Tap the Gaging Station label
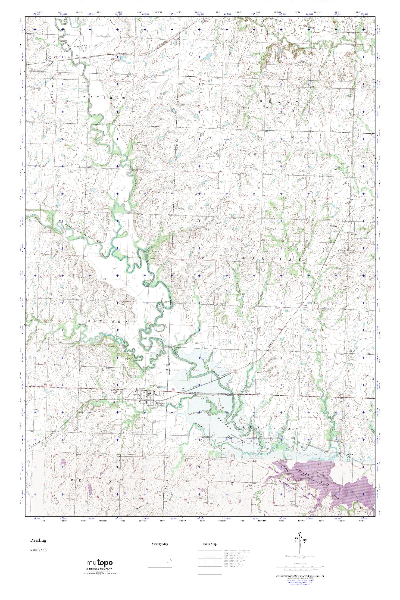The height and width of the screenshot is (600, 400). (x=151, y=251)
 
